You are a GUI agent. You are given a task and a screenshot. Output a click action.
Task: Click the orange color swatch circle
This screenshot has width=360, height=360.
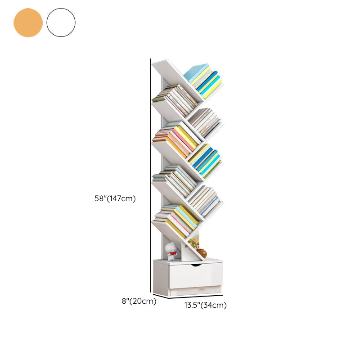click(28, 22)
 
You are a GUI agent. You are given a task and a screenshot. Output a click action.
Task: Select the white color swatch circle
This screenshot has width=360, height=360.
click(61, 22)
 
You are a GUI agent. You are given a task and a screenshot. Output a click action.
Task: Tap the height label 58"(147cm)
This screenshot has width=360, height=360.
click(115, 198)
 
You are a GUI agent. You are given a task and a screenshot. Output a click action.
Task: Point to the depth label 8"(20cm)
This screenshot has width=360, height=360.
click(139, 301)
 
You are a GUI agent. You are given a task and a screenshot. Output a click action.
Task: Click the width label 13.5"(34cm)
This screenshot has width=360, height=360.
click(205, 306)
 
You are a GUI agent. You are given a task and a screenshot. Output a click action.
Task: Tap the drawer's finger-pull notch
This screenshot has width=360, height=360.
click(196, 265)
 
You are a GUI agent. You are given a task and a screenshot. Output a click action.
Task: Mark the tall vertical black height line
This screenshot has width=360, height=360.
click(151, 175)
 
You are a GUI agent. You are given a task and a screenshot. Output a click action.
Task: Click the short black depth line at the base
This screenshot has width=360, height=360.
click(160, 295)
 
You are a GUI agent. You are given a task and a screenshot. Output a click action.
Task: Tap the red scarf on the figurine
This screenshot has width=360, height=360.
click(172, 253)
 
